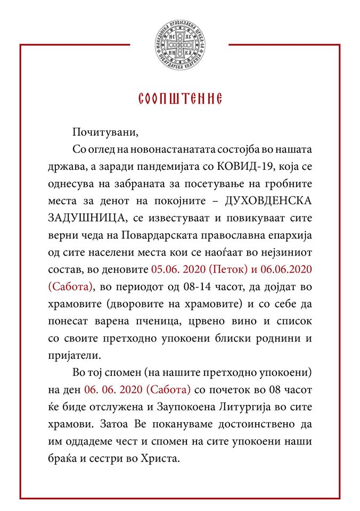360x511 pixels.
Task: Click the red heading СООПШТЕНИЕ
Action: [x=180, y=100]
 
